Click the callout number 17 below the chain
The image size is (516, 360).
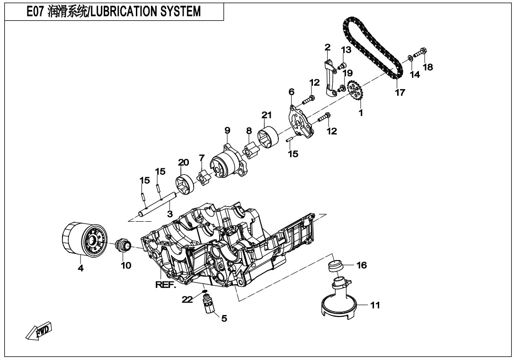pyautogui.click(x=400, y=92)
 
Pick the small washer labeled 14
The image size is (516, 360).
pyautogui.click(x=410, y=59)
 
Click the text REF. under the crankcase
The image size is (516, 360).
pyautogui.click(x=165, y=285)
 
